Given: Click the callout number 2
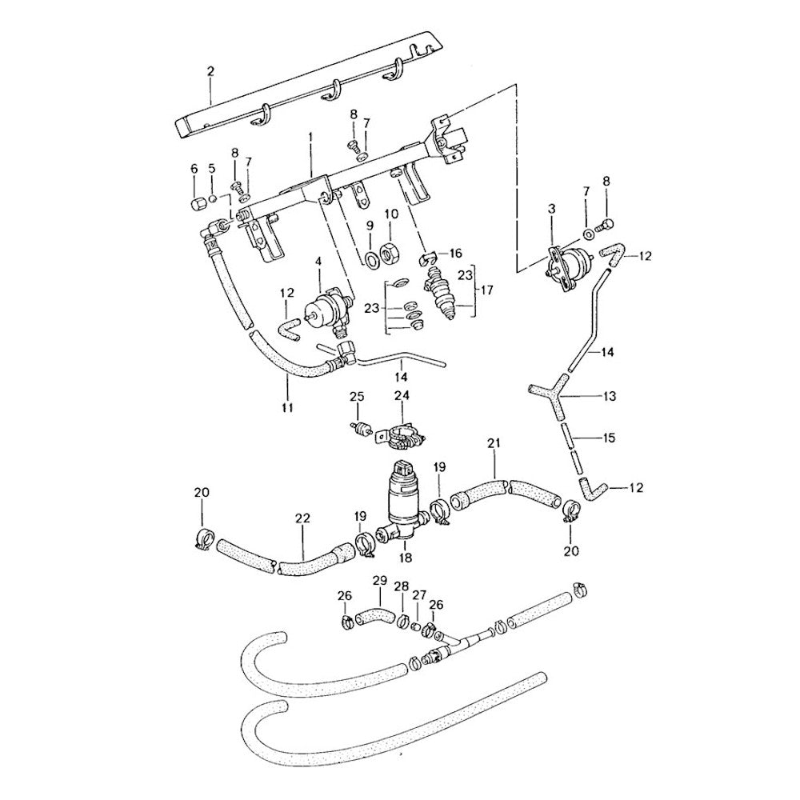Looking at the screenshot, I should point(210,71).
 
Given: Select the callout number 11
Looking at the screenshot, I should point(287,407).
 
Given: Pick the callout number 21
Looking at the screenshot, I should point(494,442).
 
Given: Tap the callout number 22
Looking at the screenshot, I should point(302,518).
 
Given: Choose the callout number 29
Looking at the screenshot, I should point(380,580).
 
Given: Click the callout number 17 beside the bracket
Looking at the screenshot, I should point(489,287).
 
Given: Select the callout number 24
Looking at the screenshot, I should point(402,395).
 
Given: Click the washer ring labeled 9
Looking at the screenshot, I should point(371,258).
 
